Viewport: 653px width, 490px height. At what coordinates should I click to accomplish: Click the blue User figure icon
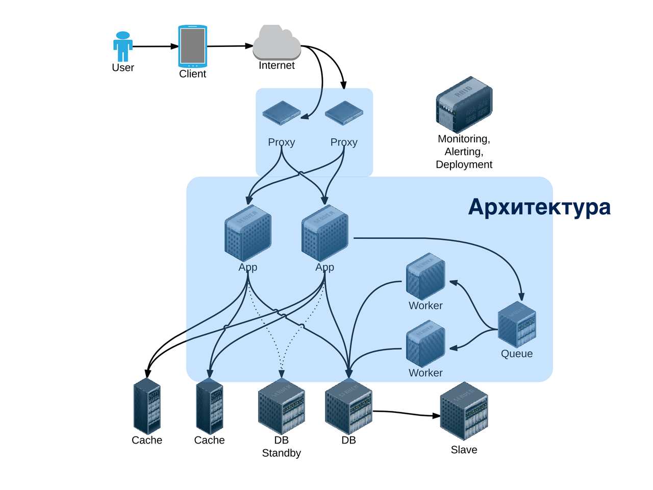point(123,46)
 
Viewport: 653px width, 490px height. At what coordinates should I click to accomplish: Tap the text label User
point(123,68)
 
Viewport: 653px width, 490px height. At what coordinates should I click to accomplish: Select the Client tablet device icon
point(192,46)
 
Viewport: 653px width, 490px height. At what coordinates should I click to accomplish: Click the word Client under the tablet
point(192,74)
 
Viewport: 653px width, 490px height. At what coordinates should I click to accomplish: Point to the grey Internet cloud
point(277,43)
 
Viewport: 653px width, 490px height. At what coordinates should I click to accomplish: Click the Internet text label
point(277,65)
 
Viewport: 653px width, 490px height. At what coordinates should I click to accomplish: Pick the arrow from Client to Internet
point(230,46)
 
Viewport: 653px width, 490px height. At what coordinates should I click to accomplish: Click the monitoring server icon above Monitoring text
point(464,105)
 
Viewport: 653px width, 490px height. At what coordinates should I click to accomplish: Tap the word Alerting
point(464,152)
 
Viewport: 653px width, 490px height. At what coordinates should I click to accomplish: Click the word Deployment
point(464,164)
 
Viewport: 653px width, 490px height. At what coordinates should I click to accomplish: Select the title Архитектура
point(539,207)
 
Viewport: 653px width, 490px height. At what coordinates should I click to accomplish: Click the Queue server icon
point(517,325)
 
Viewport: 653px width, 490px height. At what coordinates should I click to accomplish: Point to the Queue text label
point(517,354)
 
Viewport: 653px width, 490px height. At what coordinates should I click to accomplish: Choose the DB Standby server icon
point(281,406)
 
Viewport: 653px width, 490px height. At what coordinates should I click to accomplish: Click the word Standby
point(281,453)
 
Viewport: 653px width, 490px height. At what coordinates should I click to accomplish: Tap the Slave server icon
point(464,411)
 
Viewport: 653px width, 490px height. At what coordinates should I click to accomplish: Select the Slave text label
point(464,450)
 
